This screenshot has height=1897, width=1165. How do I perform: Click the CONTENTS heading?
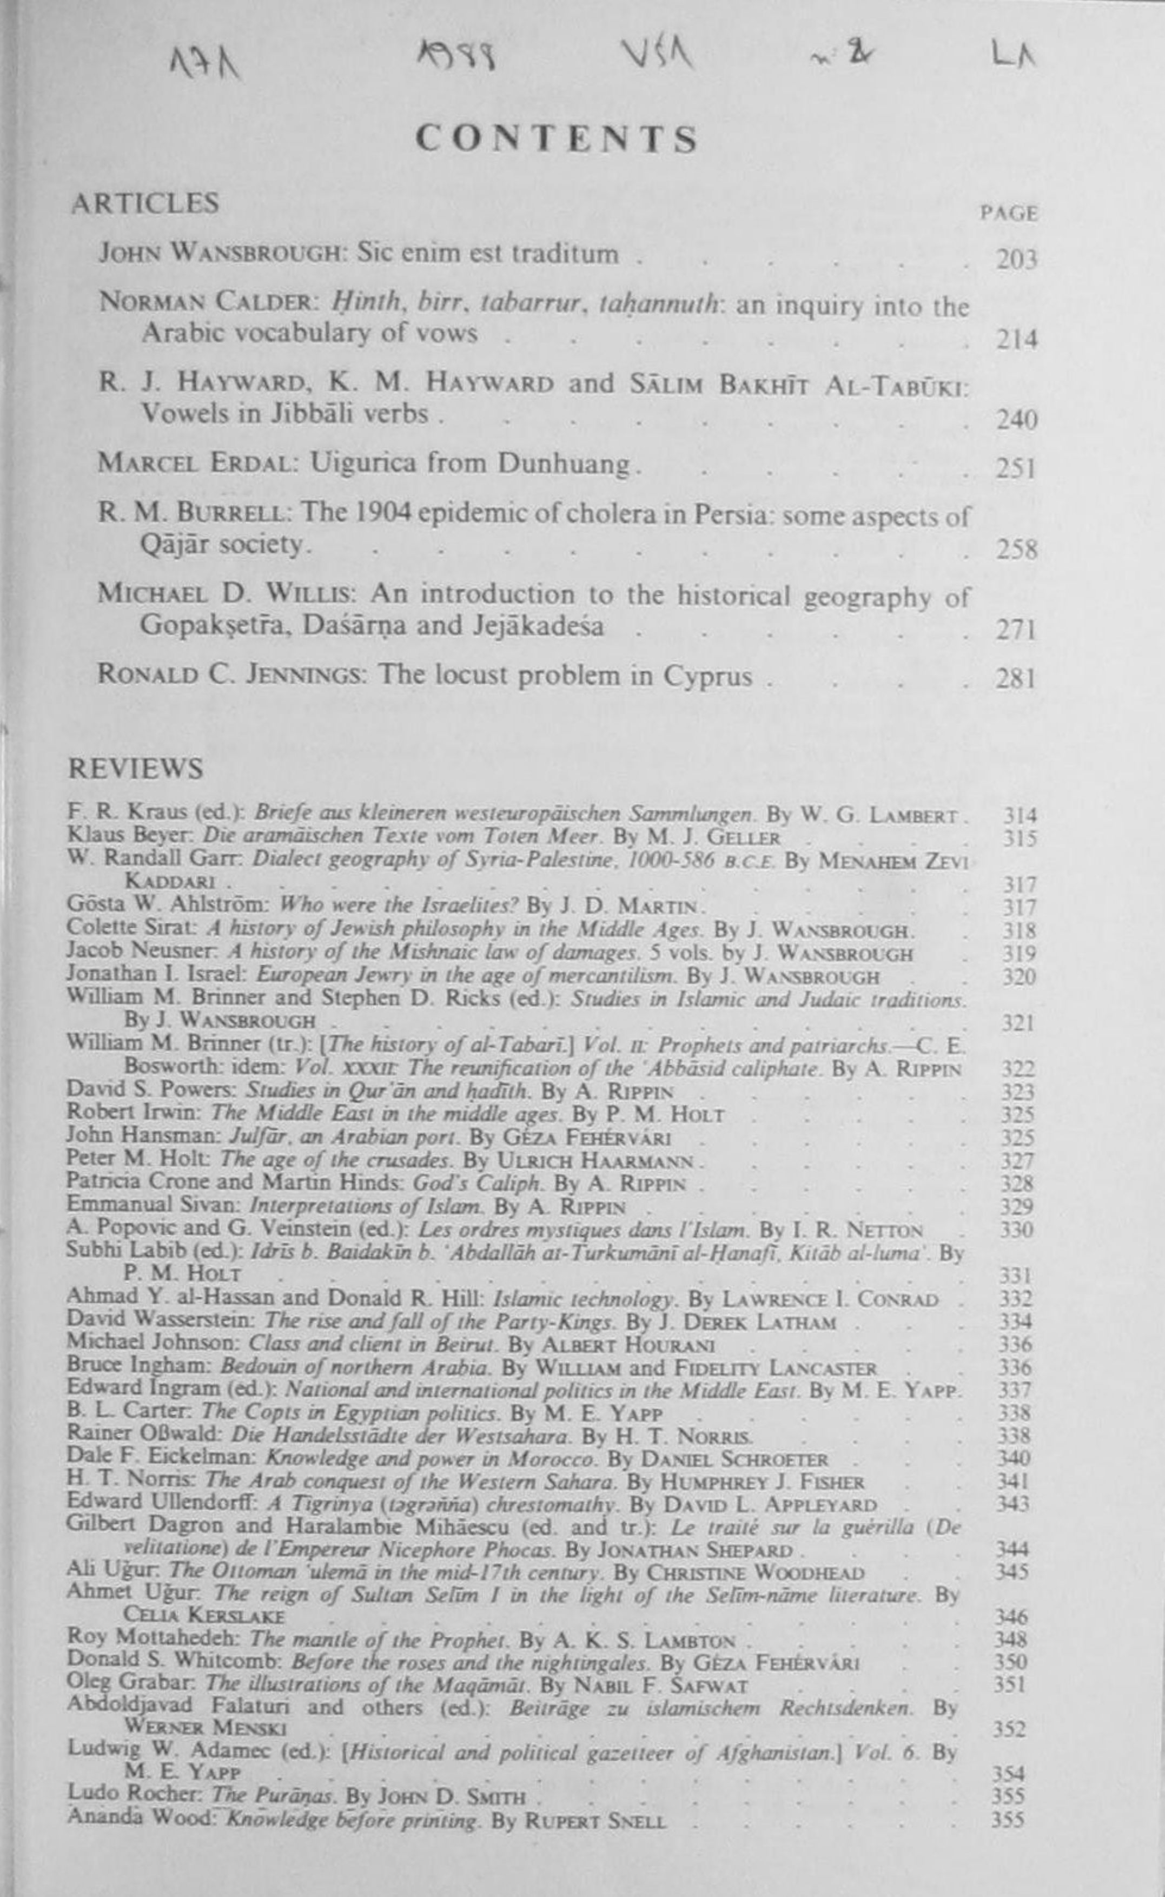click(557, 140)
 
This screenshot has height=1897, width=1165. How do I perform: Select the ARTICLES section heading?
click(145, 203)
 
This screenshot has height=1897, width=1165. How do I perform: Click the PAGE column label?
click(1009, 214)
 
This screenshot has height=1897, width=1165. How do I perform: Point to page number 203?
click(1016, 260)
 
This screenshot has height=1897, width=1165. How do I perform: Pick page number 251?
click(1016, 468)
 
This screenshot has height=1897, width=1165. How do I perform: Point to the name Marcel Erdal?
click(196, 464)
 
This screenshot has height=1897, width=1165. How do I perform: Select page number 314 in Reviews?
click(1018, 815)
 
